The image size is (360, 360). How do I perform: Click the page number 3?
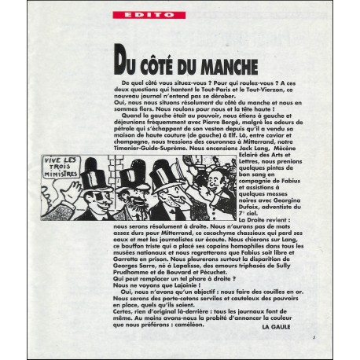[x=312, y=336]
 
